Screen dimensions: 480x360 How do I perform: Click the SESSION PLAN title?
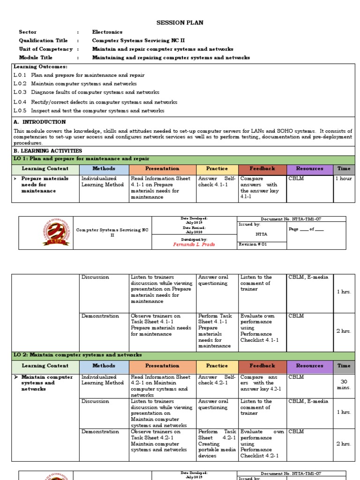(x=180, y=22)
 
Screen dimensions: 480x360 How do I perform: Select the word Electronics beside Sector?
(x=107, y=32)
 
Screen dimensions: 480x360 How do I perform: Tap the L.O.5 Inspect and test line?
(x=89, y=111)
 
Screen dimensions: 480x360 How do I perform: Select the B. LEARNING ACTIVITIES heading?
(x=48, y=151)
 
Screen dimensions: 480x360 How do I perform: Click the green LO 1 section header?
(x=183, y=159)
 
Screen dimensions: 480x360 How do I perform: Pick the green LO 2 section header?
(x=183, y=355)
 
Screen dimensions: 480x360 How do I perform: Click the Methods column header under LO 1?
(x=104, y=169)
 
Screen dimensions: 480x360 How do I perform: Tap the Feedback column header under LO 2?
(x=262, y=366)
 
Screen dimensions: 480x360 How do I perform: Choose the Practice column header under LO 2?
(x=217, y=366)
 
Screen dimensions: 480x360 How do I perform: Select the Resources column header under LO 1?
(x=309, y=169)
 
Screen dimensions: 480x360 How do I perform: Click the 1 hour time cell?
(x=344, y=179)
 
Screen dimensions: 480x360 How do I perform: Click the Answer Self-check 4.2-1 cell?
(x=217, y=380)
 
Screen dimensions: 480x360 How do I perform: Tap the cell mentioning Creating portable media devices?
(x=217, y=443)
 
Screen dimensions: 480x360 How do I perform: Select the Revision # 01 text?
(x=253, y=244)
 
